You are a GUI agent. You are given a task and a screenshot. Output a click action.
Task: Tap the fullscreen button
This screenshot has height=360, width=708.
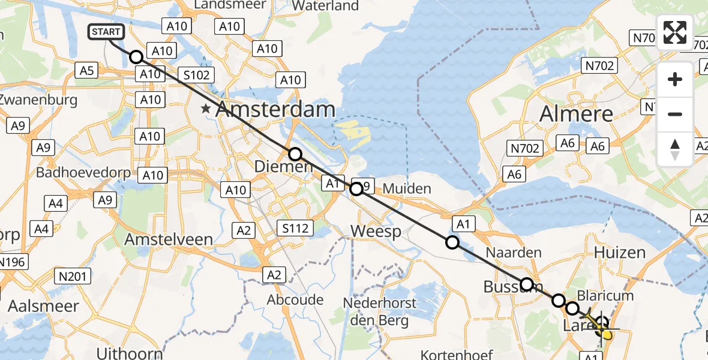click(x=675, y=32)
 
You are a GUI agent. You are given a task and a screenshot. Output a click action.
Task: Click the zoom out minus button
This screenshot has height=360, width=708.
click(x=675, y=114)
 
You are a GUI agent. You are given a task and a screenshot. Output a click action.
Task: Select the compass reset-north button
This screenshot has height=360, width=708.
click(x=675, y=149)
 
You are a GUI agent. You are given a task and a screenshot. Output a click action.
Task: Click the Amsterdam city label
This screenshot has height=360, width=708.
click(x=275, y=110)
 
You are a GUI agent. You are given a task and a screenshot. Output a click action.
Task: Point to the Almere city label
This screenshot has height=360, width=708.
click(x=577, y=113)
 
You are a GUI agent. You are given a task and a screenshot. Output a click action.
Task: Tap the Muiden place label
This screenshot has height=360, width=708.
click(x=407, y=189)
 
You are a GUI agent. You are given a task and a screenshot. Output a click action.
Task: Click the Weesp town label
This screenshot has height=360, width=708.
click(x=376, y=231)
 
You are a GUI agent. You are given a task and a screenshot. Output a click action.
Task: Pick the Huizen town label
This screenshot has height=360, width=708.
click(x=620, y=253)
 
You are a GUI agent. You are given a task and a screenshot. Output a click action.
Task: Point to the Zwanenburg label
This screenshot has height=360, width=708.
click(x=39, y=99)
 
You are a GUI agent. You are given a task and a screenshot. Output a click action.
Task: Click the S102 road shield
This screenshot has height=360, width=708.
click(x=196, y=74)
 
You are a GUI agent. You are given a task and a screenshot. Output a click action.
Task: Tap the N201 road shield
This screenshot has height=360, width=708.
click(x=73, y=277)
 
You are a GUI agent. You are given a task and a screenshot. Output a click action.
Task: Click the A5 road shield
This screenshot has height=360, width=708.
click(x=88, y=71)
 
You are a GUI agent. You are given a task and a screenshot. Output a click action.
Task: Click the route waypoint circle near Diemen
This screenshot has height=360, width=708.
click(x=295, y=154)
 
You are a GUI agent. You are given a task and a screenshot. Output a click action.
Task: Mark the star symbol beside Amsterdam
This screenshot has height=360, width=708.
click(x=206, y=109)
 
